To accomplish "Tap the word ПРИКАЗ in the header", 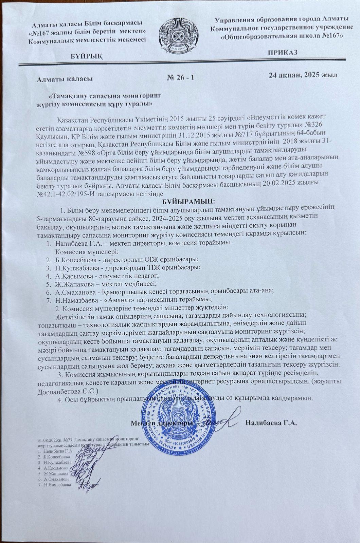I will [x=282, y=52].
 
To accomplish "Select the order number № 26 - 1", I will [x=181, y=78].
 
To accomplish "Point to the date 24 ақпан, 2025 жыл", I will [x=303, y=75].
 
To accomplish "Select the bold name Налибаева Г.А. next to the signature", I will [x=271, y=423].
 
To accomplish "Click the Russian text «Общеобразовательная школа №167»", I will [x=282, y=36].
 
